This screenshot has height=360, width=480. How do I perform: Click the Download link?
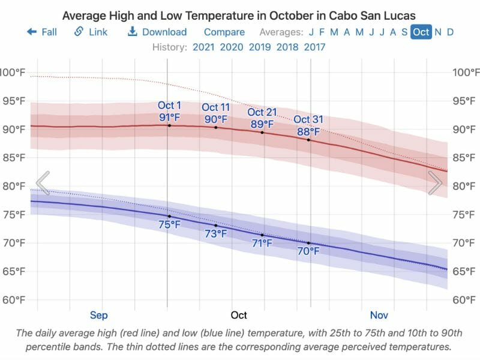pyautogui.click(x=157, y=32)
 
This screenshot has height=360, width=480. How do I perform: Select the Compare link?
pyautogui.click(x=224, y=32)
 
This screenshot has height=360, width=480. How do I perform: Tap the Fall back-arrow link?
pyautogui.click(x=42, y=32)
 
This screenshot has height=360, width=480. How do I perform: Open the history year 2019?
pyautogui.click(x=259, y=47)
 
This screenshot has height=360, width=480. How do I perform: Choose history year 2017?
pyautogui.click(x=314, y=47)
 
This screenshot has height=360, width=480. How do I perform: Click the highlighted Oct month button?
pyautogui.click(x=421, y=32)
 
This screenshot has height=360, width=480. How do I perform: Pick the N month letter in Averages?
pyautogui.click(x=438, y=32)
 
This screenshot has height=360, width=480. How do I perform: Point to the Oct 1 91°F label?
pyautogui.click(x=169, y=112)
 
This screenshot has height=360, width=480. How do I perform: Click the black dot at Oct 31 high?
pyautogui.click(x=309, y=140)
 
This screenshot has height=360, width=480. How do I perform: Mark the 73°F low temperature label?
pyautogui.click(x=216, y=234)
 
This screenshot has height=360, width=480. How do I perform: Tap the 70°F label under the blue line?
pyautogui.click(x=308, y=251)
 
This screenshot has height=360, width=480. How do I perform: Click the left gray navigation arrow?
pyautogui.click(x=43, y=183)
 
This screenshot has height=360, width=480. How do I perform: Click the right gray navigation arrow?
pyautogui.click(x=436, y=183)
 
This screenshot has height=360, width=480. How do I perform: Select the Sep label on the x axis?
pyautogui.click(x=99, y=315)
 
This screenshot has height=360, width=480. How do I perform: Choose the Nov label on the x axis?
pyautogui.click(x=379, y=315)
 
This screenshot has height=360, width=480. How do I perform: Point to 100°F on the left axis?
pyautogui.click(x=12, y=73)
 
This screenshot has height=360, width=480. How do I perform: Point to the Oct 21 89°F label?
pyautogui.click(x=262, y=118)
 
